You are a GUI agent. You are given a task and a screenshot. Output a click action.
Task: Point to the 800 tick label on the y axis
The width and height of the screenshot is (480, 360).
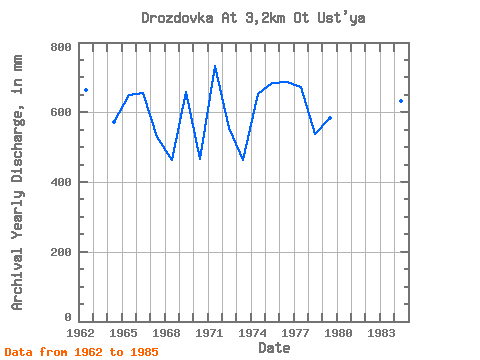pyautogui.click(x=61, y=47)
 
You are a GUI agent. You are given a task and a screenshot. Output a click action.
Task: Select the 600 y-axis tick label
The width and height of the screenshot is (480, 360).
pyautogui.click(x=61, y=112)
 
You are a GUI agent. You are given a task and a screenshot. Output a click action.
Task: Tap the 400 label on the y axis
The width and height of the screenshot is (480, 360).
pyautogui.click(x=61, y=182)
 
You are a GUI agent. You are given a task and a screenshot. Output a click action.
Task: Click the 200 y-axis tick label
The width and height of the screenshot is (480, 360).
pyautogui.click(x=61, y=252)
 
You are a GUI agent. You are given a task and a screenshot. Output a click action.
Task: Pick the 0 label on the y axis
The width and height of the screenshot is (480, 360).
pyautogui.click(x=68, y=317)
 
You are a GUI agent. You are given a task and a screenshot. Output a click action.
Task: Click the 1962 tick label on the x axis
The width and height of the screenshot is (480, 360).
pyautogui.click(x=80, y=333)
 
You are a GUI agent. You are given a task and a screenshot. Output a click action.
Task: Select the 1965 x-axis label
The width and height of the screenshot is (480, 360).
pyautogui.click(x=123, y=333)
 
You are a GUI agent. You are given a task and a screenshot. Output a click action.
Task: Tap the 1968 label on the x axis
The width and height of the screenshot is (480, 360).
pyautogui.click(x=166, y=333)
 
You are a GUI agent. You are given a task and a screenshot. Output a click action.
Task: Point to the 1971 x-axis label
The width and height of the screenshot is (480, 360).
pyautogui.click(x=209, y=333)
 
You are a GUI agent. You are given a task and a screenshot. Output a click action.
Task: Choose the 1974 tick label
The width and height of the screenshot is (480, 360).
pyautogui.click(x=252, y=333)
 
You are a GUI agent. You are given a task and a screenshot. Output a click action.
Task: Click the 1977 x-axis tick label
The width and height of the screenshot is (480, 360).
pyautogui.click(x=295, y=333)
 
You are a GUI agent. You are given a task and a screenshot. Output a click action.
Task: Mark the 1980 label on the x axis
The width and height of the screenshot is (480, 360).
pyautogui.click(x=338, y=333)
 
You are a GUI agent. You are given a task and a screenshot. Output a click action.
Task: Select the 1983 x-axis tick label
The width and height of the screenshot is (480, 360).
pyautogui.click(x=381, y=333)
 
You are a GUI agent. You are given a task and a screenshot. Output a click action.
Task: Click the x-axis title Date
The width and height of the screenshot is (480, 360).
pyautogui.click(x=274, y=348)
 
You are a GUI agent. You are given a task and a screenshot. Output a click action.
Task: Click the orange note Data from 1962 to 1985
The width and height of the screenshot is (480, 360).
pyautogui.click(x=82, y=352)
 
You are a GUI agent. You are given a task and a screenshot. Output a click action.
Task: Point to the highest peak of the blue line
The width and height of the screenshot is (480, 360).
pyautogui.click(x=215, y=66)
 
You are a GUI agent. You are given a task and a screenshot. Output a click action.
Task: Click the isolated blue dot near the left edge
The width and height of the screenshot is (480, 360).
pyautogui.click(x=86, y=90)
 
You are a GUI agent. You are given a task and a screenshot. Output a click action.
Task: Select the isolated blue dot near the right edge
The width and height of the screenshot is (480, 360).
pyautogui.click(x=401, y=101)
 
